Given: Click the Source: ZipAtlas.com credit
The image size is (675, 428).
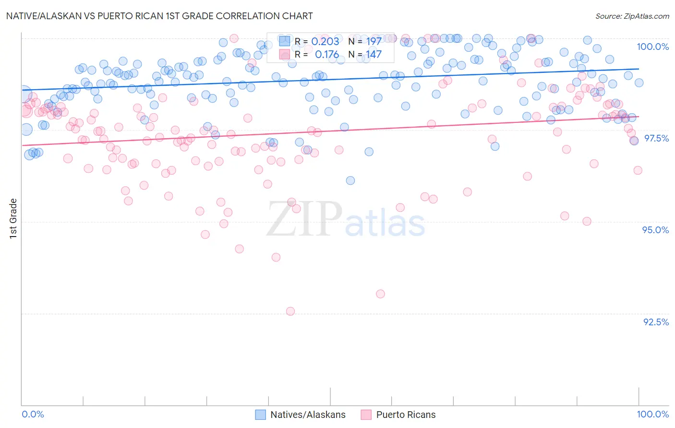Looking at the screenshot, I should [632, 16].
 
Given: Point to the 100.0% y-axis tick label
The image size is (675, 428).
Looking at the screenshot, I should [652, 47].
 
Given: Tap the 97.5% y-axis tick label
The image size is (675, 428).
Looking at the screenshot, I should [656, 138].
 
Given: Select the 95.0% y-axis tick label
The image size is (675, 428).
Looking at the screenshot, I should [655, 230].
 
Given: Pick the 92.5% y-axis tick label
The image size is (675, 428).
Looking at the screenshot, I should [656, 322].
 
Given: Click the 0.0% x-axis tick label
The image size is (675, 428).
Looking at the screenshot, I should [33, 414].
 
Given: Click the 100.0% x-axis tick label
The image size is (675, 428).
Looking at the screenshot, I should [652, 414].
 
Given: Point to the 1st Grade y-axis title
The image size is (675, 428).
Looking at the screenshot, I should [13, 218].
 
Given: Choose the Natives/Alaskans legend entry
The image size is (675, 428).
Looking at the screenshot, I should [300, 415].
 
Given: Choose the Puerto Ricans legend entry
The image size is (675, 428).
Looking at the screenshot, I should [398, 415].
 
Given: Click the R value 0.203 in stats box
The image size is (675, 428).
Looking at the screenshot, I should [325, 42].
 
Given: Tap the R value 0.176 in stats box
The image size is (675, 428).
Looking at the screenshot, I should [327, 55].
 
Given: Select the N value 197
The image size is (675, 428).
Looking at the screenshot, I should [374, 42].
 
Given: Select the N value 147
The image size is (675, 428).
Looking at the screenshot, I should [374, 55].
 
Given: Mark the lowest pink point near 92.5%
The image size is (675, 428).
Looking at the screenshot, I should [290, 311].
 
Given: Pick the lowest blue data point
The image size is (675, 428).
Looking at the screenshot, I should [350, 180].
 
